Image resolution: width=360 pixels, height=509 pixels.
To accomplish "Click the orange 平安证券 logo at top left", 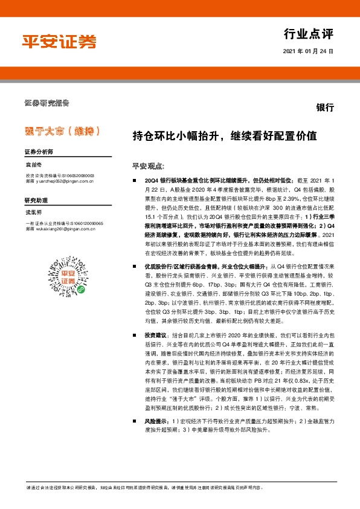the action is tap(59, 41).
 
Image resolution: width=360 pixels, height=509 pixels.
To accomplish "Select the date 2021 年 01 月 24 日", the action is tap(308, 52).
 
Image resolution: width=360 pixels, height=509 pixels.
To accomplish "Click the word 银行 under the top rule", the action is tap(325, 108).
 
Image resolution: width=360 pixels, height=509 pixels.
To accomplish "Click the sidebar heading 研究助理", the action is tap(35, 200).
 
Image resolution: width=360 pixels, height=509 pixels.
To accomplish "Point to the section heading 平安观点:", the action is tap(148, 165).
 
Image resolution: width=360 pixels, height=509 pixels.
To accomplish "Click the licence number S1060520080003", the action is tap(92, 174).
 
